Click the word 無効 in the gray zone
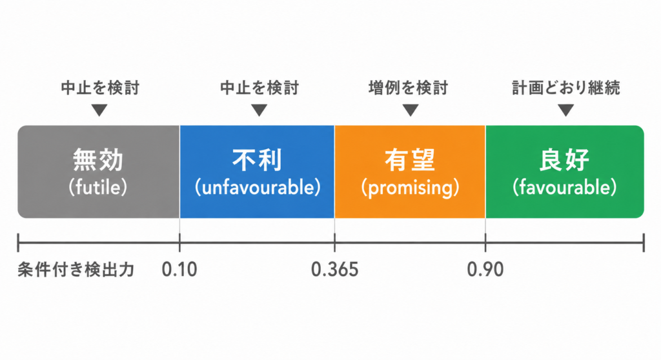(x=98, y=160)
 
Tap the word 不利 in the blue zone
(x=257, y=160)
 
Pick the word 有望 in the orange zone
(x=410, y=160)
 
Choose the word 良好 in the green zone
(x=564, y=160)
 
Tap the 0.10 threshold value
(x=179, y=270)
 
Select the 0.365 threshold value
(x=335, y=270)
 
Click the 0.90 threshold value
(x=485, y=270)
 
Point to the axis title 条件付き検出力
(x=76, y=270)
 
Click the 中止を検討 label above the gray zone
(x=100, y=88)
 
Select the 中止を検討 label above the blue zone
(x=259, y=88)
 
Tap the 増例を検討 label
(x=408, y=88)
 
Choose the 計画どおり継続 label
(x=565, y=88)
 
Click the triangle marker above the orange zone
(x=410, y=110)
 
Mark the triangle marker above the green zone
(x=565, y=110)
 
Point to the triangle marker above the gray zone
(x=99, y=110)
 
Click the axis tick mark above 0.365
(x=335, y=243)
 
